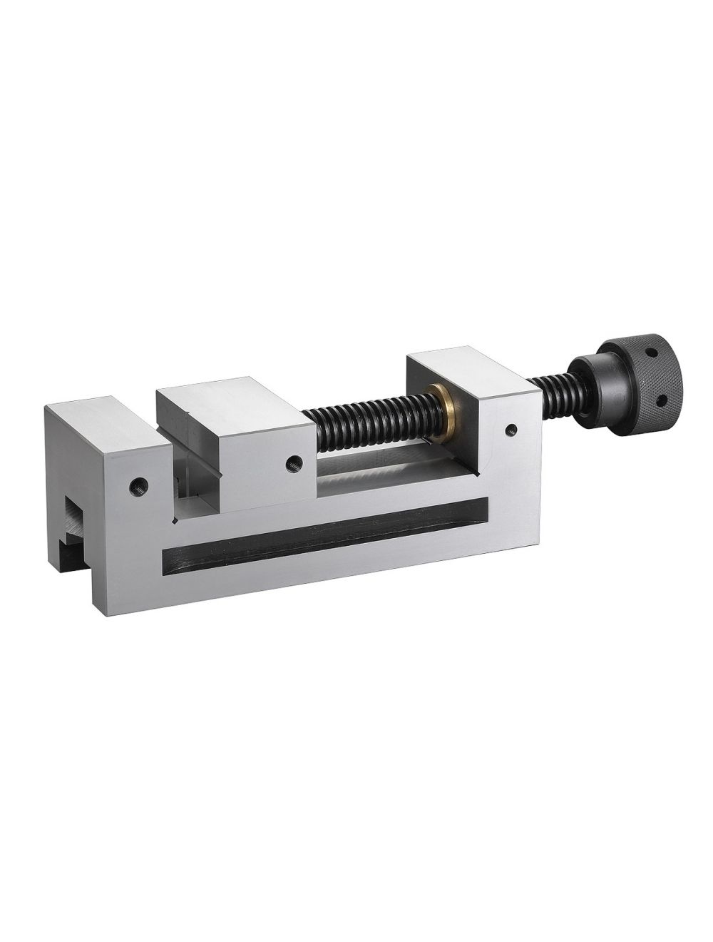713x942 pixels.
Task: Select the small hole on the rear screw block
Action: click(x=511, y=430)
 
